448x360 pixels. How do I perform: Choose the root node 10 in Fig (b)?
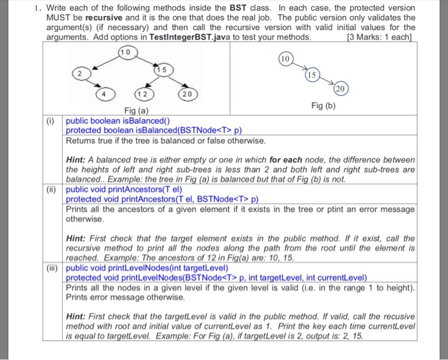click(x=285, y=60)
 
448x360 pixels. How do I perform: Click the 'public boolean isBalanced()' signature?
click(x=118, y=120)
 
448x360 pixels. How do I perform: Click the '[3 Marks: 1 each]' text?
click(x=380, y=37)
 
